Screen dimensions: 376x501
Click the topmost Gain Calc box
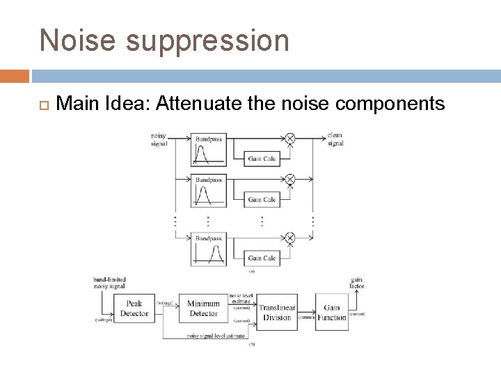tap(262, 159)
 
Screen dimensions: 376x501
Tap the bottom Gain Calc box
tap(262, 258)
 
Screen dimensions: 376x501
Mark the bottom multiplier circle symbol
tap(290, 238)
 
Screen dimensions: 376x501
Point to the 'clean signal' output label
tap(335, 139)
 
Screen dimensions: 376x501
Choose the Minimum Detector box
tap(203, 308)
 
